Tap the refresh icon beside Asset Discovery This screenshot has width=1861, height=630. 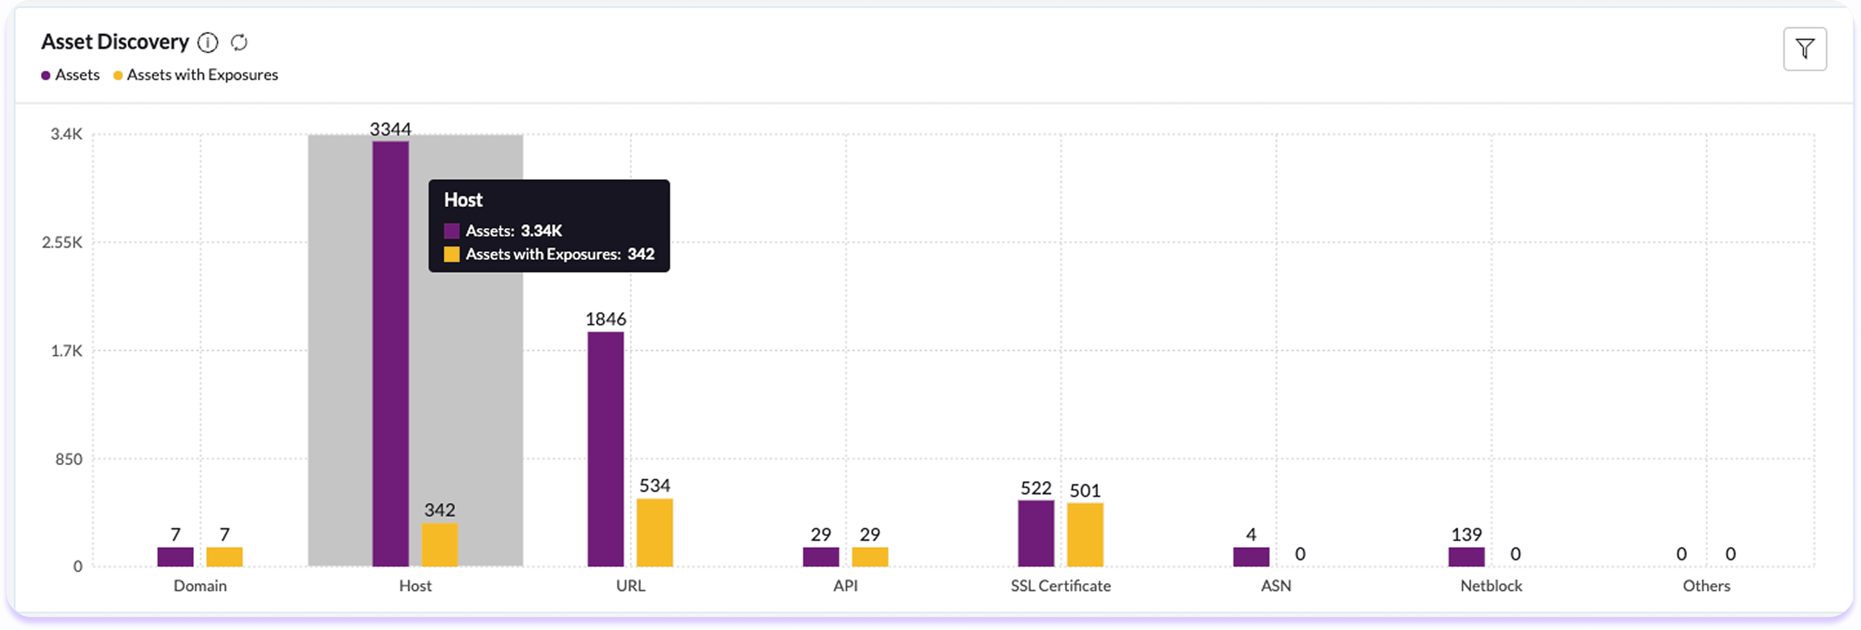click(x=239, y=43)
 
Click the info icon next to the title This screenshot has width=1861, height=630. click(x=208, y=43)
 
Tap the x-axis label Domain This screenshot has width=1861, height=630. click(x=200, y=586)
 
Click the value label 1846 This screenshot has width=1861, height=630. click(x=606, y=319)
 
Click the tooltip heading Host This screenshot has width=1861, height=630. click(x=463, y=200)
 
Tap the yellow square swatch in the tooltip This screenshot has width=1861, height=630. click(x=452, y=254)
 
